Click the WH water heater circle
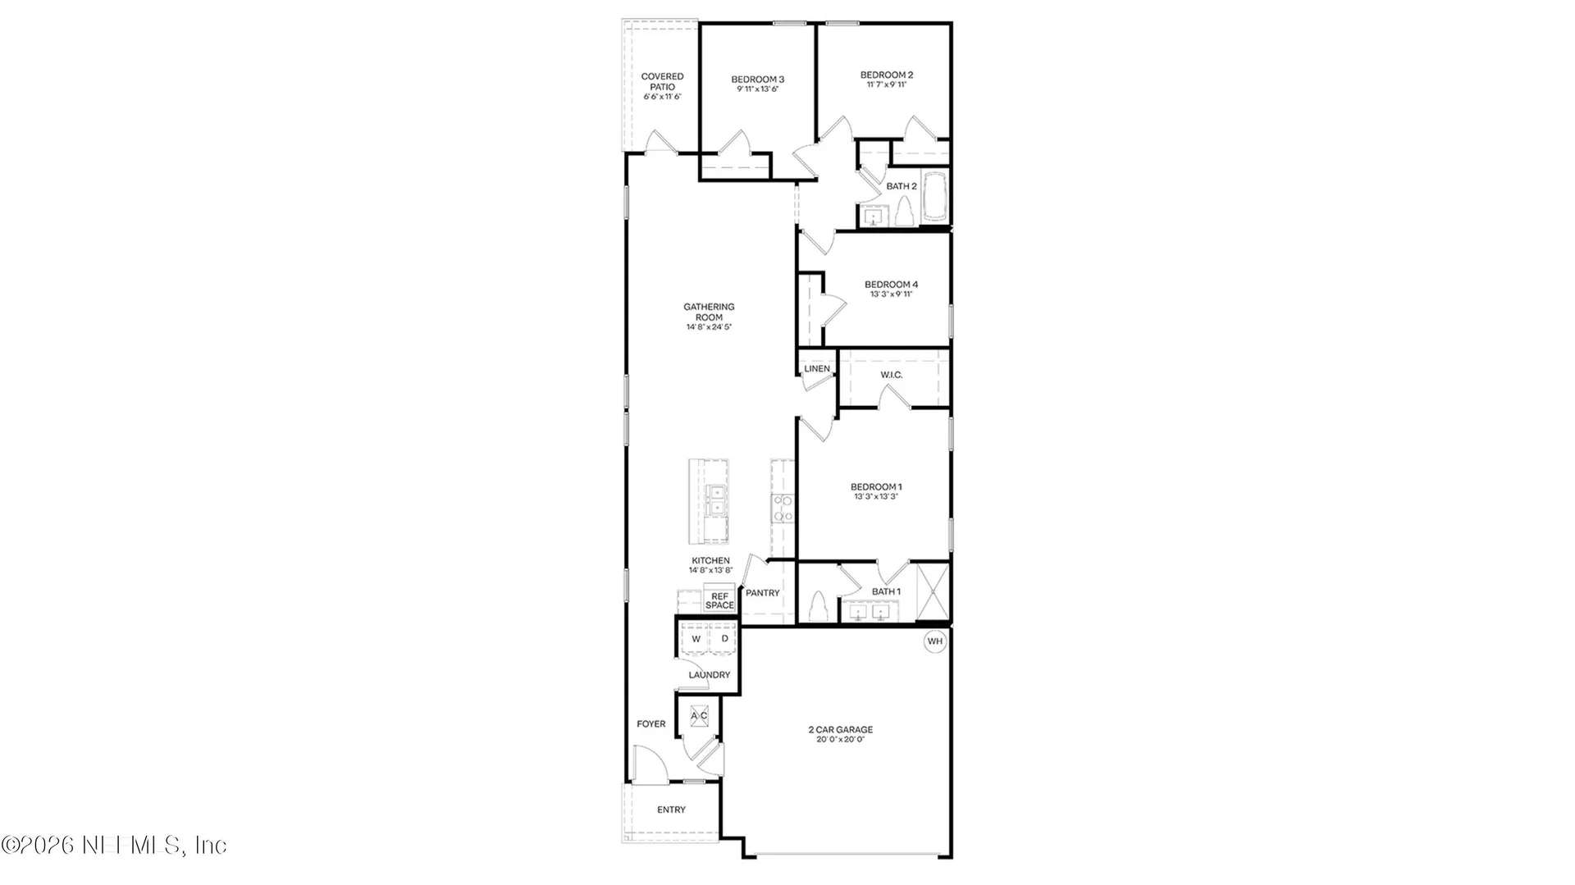[935, 641]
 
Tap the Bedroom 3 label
[757, 80]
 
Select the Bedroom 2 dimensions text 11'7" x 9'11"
[887, 84]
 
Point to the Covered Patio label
[662, 81]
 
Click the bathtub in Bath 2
[934, 197]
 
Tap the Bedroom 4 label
[891, 285]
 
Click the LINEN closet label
[816, 369]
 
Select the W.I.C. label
[891, 375]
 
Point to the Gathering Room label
[710, 312]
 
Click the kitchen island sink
[717, 500]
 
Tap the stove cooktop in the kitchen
[783, 509]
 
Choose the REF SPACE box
[719, 600]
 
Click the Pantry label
[763, 593]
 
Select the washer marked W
[696, 639]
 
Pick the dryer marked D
[724, 639]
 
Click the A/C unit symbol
[699, 716]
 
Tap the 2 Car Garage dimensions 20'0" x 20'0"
[841, 740]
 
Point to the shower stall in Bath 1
[932, 591]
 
